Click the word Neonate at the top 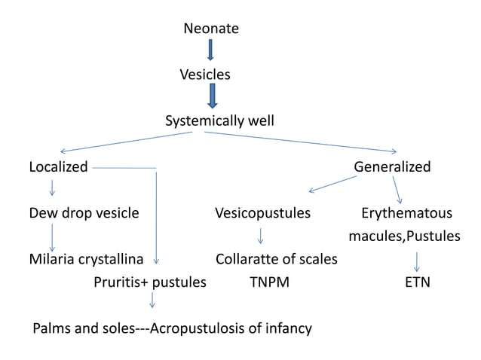211,29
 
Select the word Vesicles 205,75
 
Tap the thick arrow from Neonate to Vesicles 211,50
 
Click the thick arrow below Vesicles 213,96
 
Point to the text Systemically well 219,121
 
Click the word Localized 58,166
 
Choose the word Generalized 392,166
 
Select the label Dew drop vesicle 84,213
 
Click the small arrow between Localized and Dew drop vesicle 51,188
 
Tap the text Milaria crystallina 86,259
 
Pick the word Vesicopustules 262,213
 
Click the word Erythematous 406,213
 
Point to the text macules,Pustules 404,236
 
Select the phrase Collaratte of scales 276,259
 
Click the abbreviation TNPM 269,283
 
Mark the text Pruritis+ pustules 150,283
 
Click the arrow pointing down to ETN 417,261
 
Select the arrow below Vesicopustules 260,236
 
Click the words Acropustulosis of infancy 231,329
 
